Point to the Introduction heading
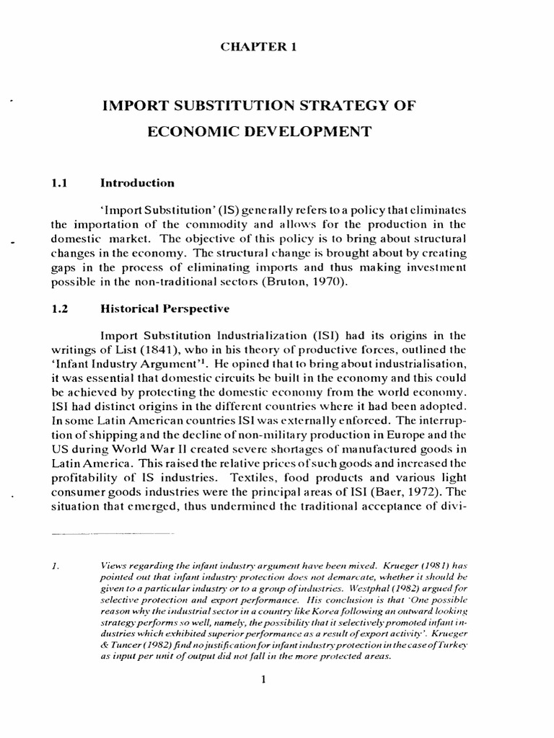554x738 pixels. (x=137, y=183)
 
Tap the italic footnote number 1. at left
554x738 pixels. (x=56, y=567)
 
